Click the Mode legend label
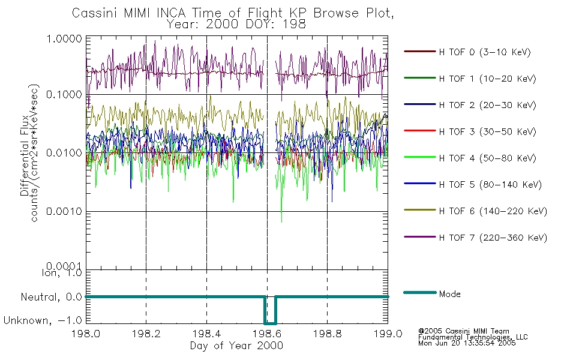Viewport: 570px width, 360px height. (449, 294)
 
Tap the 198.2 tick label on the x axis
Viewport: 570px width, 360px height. (146, 334)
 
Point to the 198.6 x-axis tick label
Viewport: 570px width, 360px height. (267, 334)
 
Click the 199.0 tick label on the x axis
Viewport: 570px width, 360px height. (388, 334)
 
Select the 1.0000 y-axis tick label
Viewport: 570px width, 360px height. (64, 38)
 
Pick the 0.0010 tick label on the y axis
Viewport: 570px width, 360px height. (64, 211)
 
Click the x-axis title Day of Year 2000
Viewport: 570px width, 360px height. (236, 346)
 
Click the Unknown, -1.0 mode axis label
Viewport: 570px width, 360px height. (43, 321)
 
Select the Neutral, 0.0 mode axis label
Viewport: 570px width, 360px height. (51, 297)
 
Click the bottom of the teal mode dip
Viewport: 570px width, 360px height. (270, 323)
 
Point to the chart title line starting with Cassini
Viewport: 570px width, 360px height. (233, 13)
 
